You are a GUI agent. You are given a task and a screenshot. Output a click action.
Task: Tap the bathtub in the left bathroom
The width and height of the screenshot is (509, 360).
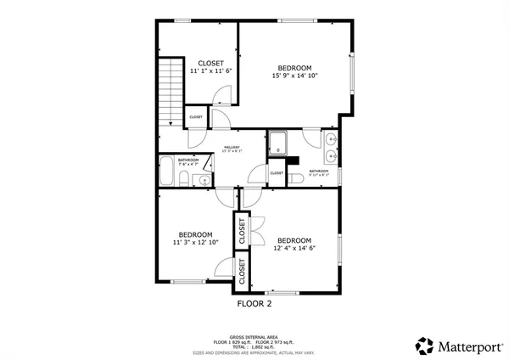click(x=165, y=172)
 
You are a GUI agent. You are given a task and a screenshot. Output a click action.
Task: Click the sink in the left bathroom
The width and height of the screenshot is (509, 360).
click(x=203, y=179)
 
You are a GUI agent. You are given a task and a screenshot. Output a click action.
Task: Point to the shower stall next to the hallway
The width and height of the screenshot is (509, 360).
click(x=277, y=143)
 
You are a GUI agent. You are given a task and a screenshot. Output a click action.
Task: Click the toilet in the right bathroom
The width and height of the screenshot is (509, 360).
click(x=295, y=178)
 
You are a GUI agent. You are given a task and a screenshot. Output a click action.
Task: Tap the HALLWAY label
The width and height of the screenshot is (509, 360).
click(x=232, y=148)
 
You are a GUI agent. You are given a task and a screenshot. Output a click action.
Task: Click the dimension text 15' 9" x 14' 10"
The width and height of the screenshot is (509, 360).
click(x=295, y=76)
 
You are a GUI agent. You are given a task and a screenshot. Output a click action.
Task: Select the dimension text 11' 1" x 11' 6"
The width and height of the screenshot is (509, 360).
click(x=210, y=71)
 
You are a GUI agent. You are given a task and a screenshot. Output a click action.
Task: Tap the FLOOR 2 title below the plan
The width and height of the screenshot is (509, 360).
click(x=253, y=302)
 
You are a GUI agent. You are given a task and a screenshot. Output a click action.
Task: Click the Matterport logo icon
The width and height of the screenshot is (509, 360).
click(x=423, y=346)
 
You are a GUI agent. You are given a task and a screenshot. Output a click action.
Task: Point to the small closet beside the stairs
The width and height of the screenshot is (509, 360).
click(x=195, y=117)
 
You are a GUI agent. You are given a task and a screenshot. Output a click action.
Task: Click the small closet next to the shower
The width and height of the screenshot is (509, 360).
click(x=277, y=173)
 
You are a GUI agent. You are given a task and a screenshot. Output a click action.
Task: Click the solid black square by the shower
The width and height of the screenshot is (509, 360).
click(x=294, y=160)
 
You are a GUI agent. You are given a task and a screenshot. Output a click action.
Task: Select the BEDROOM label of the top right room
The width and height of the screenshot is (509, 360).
click(x=295, y=68)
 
